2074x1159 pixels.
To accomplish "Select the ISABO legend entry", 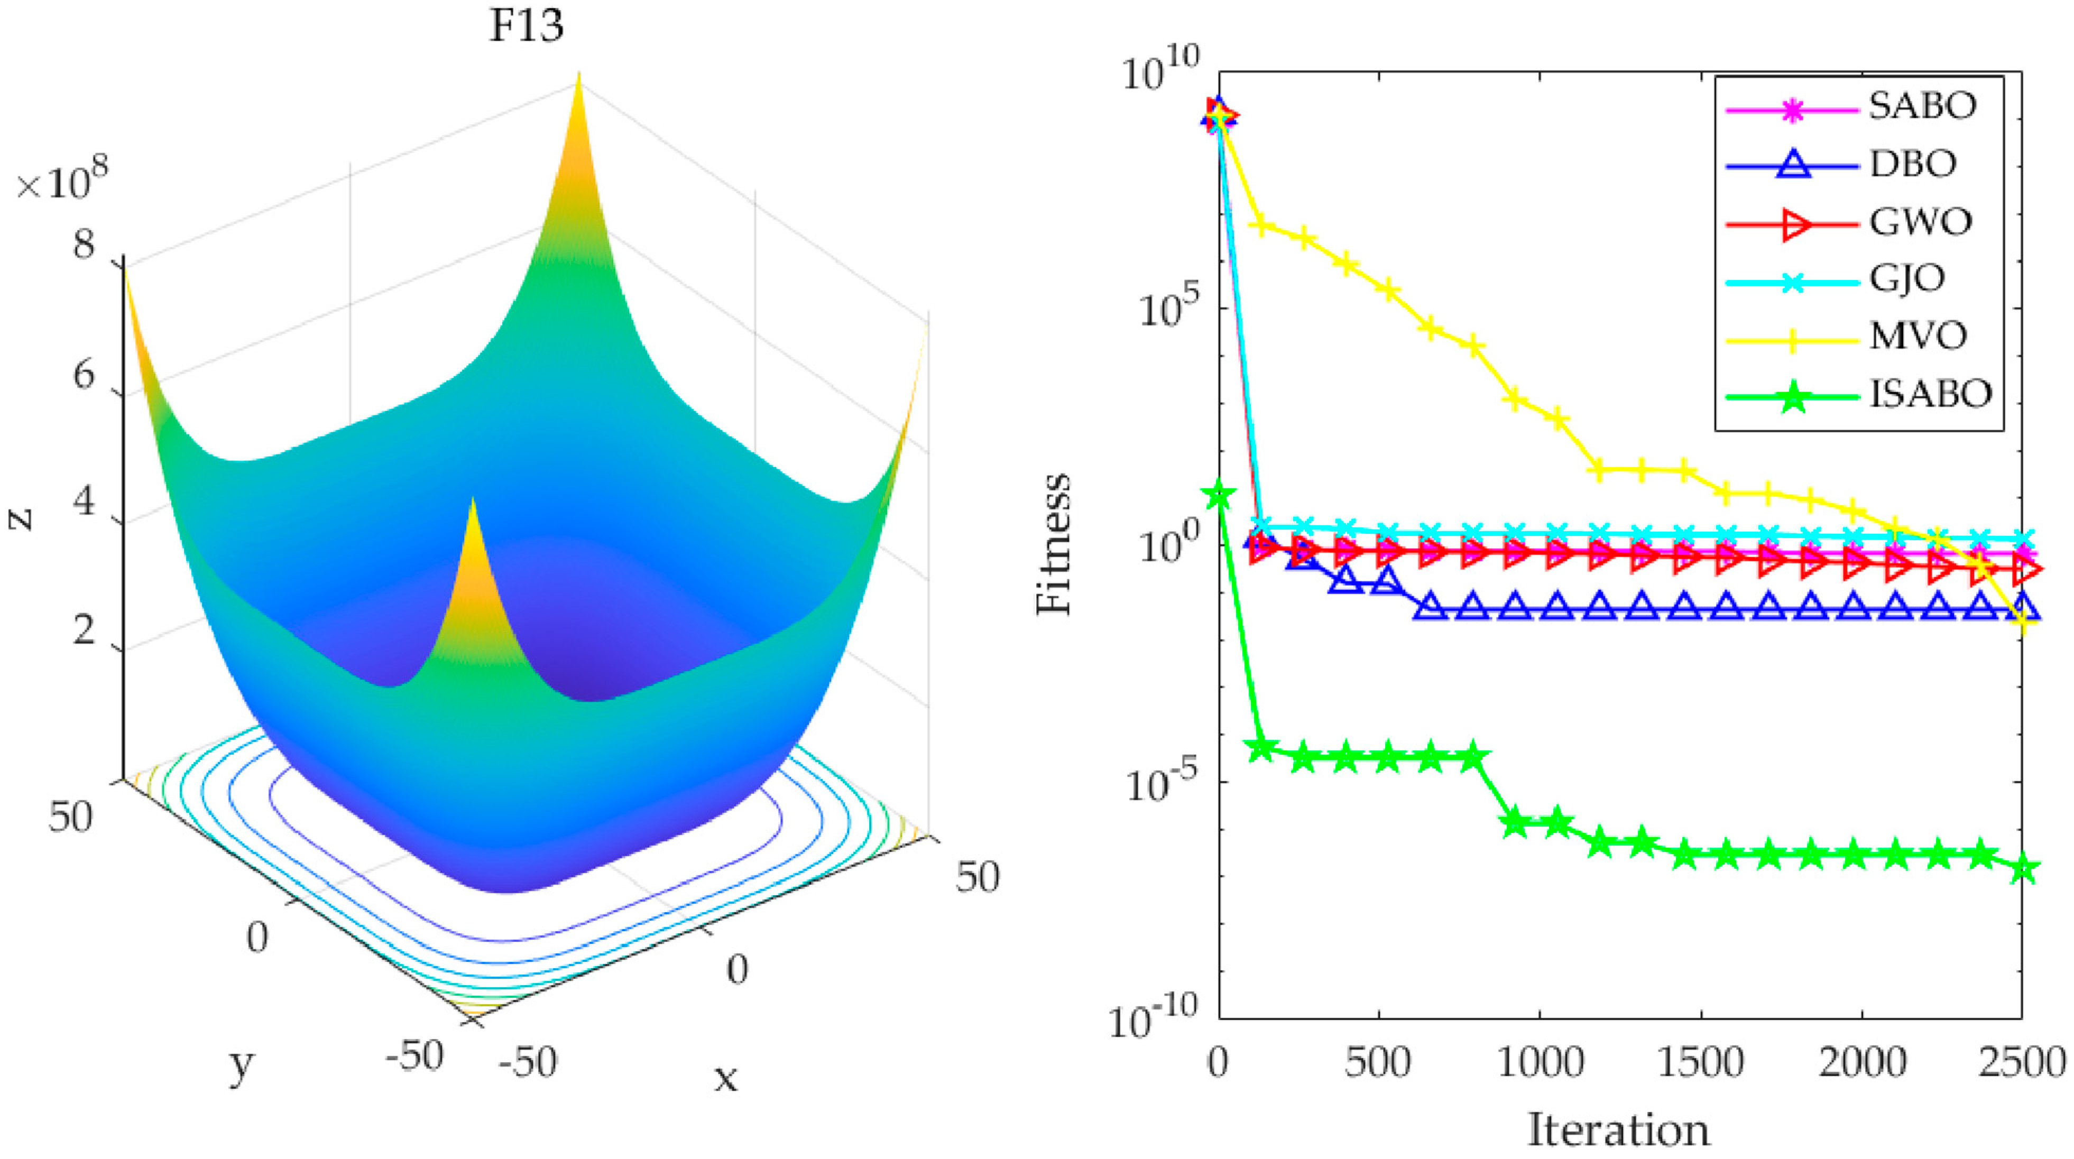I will tap(1929, 394).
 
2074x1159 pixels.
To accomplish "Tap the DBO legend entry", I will tap(1912, 164).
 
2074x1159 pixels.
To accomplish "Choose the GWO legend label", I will tap(1920, 222).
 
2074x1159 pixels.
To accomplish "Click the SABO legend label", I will tap(1922, 106).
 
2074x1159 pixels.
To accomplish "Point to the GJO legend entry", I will tap(1906, 279).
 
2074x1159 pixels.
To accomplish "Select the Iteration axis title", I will tap(1618, 1130).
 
